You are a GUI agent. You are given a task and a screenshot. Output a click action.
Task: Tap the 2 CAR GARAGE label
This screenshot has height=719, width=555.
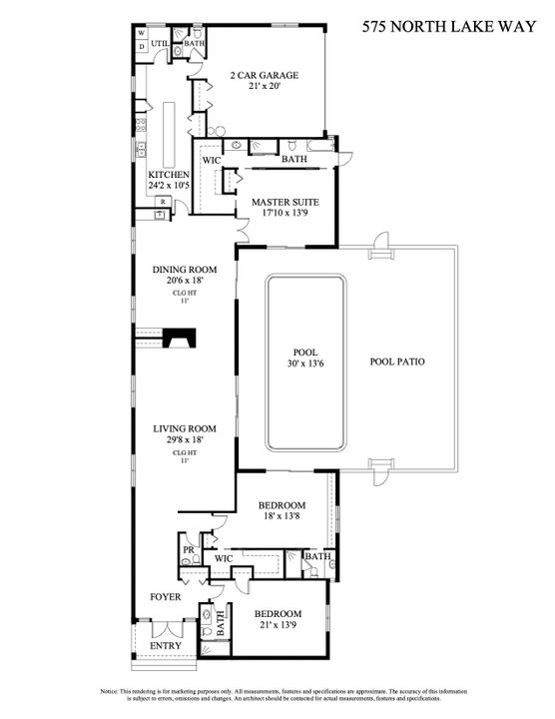click(x=265, y=75)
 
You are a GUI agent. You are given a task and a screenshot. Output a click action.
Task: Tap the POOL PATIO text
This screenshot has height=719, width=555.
click(x=397, y=361)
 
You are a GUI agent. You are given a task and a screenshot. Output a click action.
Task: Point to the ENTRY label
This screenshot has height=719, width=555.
click(x=165, y=646)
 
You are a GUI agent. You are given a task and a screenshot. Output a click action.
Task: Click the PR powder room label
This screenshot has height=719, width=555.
click(x=188, y=550)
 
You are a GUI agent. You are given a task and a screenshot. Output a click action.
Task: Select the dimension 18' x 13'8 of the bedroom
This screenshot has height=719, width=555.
click(x=280, y=517)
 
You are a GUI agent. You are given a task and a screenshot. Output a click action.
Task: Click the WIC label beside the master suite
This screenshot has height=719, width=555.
click(x=212, y=160)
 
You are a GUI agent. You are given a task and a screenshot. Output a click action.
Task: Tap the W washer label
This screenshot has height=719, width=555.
click(x=142, y=33)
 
